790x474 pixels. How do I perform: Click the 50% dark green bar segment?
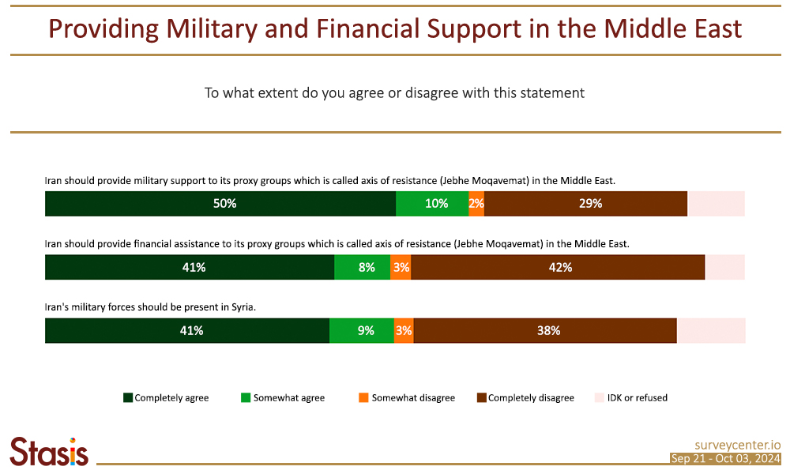pyautogui.click(x=220, y=204)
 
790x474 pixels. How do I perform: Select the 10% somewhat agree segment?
pyautogui.click(x=432, y=204)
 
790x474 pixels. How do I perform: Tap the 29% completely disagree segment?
pyautogui.click(x=585, y=204)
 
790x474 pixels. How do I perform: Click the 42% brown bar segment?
pyautogui.click(x=557, y=268)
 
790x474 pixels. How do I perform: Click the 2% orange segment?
pyautogui.click(x=476, y=204)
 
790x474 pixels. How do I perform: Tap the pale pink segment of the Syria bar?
pyautogui.click(x=711, y=331)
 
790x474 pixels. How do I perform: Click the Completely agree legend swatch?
pyautogui.click(x=128, y=397)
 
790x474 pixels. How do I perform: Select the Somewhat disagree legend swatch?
pyautogui.click(x=364, y=397)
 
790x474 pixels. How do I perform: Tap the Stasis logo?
pyautogui.click(x=49, y=451)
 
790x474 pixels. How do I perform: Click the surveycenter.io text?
pyautogui.click(x=738, y=445)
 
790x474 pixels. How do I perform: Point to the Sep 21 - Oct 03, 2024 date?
pyautogui.click(x=725, y=459)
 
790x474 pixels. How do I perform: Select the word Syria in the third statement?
pyautogui.click(x=241, y=307)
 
